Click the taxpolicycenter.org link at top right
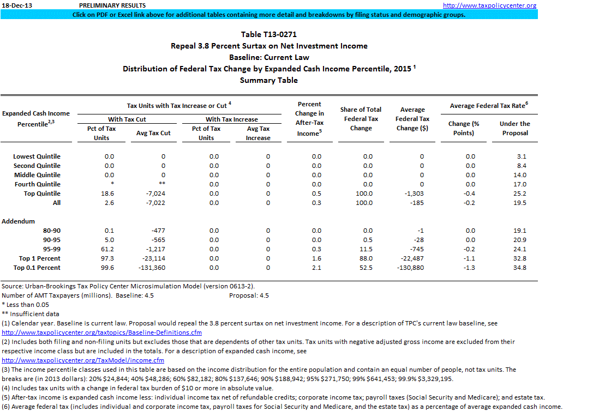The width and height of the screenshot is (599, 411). [489, 5]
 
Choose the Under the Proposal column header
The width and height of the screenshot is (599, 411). [514, 128]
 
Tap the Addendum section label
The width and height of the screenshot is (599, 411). [18, 221]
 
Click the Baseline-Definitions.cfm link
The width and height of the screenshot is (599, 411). [102, 332]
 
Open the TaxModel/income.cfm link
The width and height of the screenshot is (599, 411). [83, 360]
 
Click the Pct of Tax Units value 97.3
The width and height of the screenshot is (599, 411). [109, 258]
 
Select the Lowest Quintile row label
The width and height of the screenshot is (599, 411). [37, 156]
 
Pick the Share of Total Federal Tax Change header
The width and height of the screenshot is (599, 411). [361, 119]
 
